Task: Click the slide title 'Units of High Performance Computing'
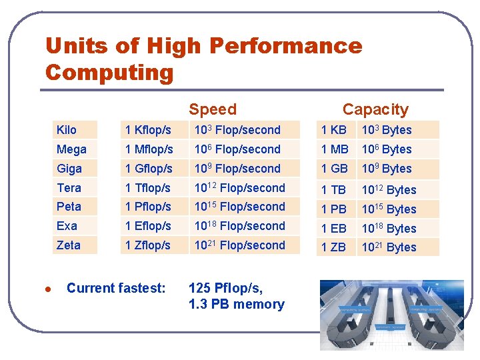pyautogui.click(x=203, y=59)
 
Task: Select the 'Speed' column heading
pyautogui.click(x=212, y=109)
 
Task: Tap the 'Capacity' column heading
pyautogui.click(x=375, y=109)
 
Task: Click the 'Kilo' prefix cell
pyautogui.click(x=67, y=130)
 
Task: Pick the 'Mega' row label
pyautogui.click(x=71, y=149)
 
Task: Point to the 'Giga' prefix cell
pyautogui.click(x=69, y=169)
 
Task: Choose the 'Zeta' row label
pyautogui.click(x=69, y=245)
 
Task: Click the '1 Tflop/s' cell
pyautogui.click(x=148, y=188)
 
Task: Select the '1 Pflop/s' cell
pyautogui.click(x=148, y=207)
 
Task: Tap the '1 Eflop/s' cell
pyautogui.click(x=148, y=226)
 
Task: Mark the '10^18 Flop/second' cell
pyautogui.click(x=239, y=226)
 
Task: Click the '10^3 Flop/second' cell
pyautogui.click(x=237, y=130)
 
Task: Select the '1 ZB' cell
pyautogui.click(x=334, y=247)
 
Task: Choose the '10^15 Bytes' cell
pyautogui.click(x=389, y=209)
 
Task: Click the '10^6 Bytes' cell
pyautogui.click(x=387, y=149)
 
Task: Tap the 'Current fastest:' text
pyautogui.click(x=116, y=288)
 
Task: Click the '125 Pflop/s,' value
pyautogui.click(x=225, y=288)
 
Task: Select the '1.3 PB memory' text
pyautogui.click(x=237, y=305)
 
